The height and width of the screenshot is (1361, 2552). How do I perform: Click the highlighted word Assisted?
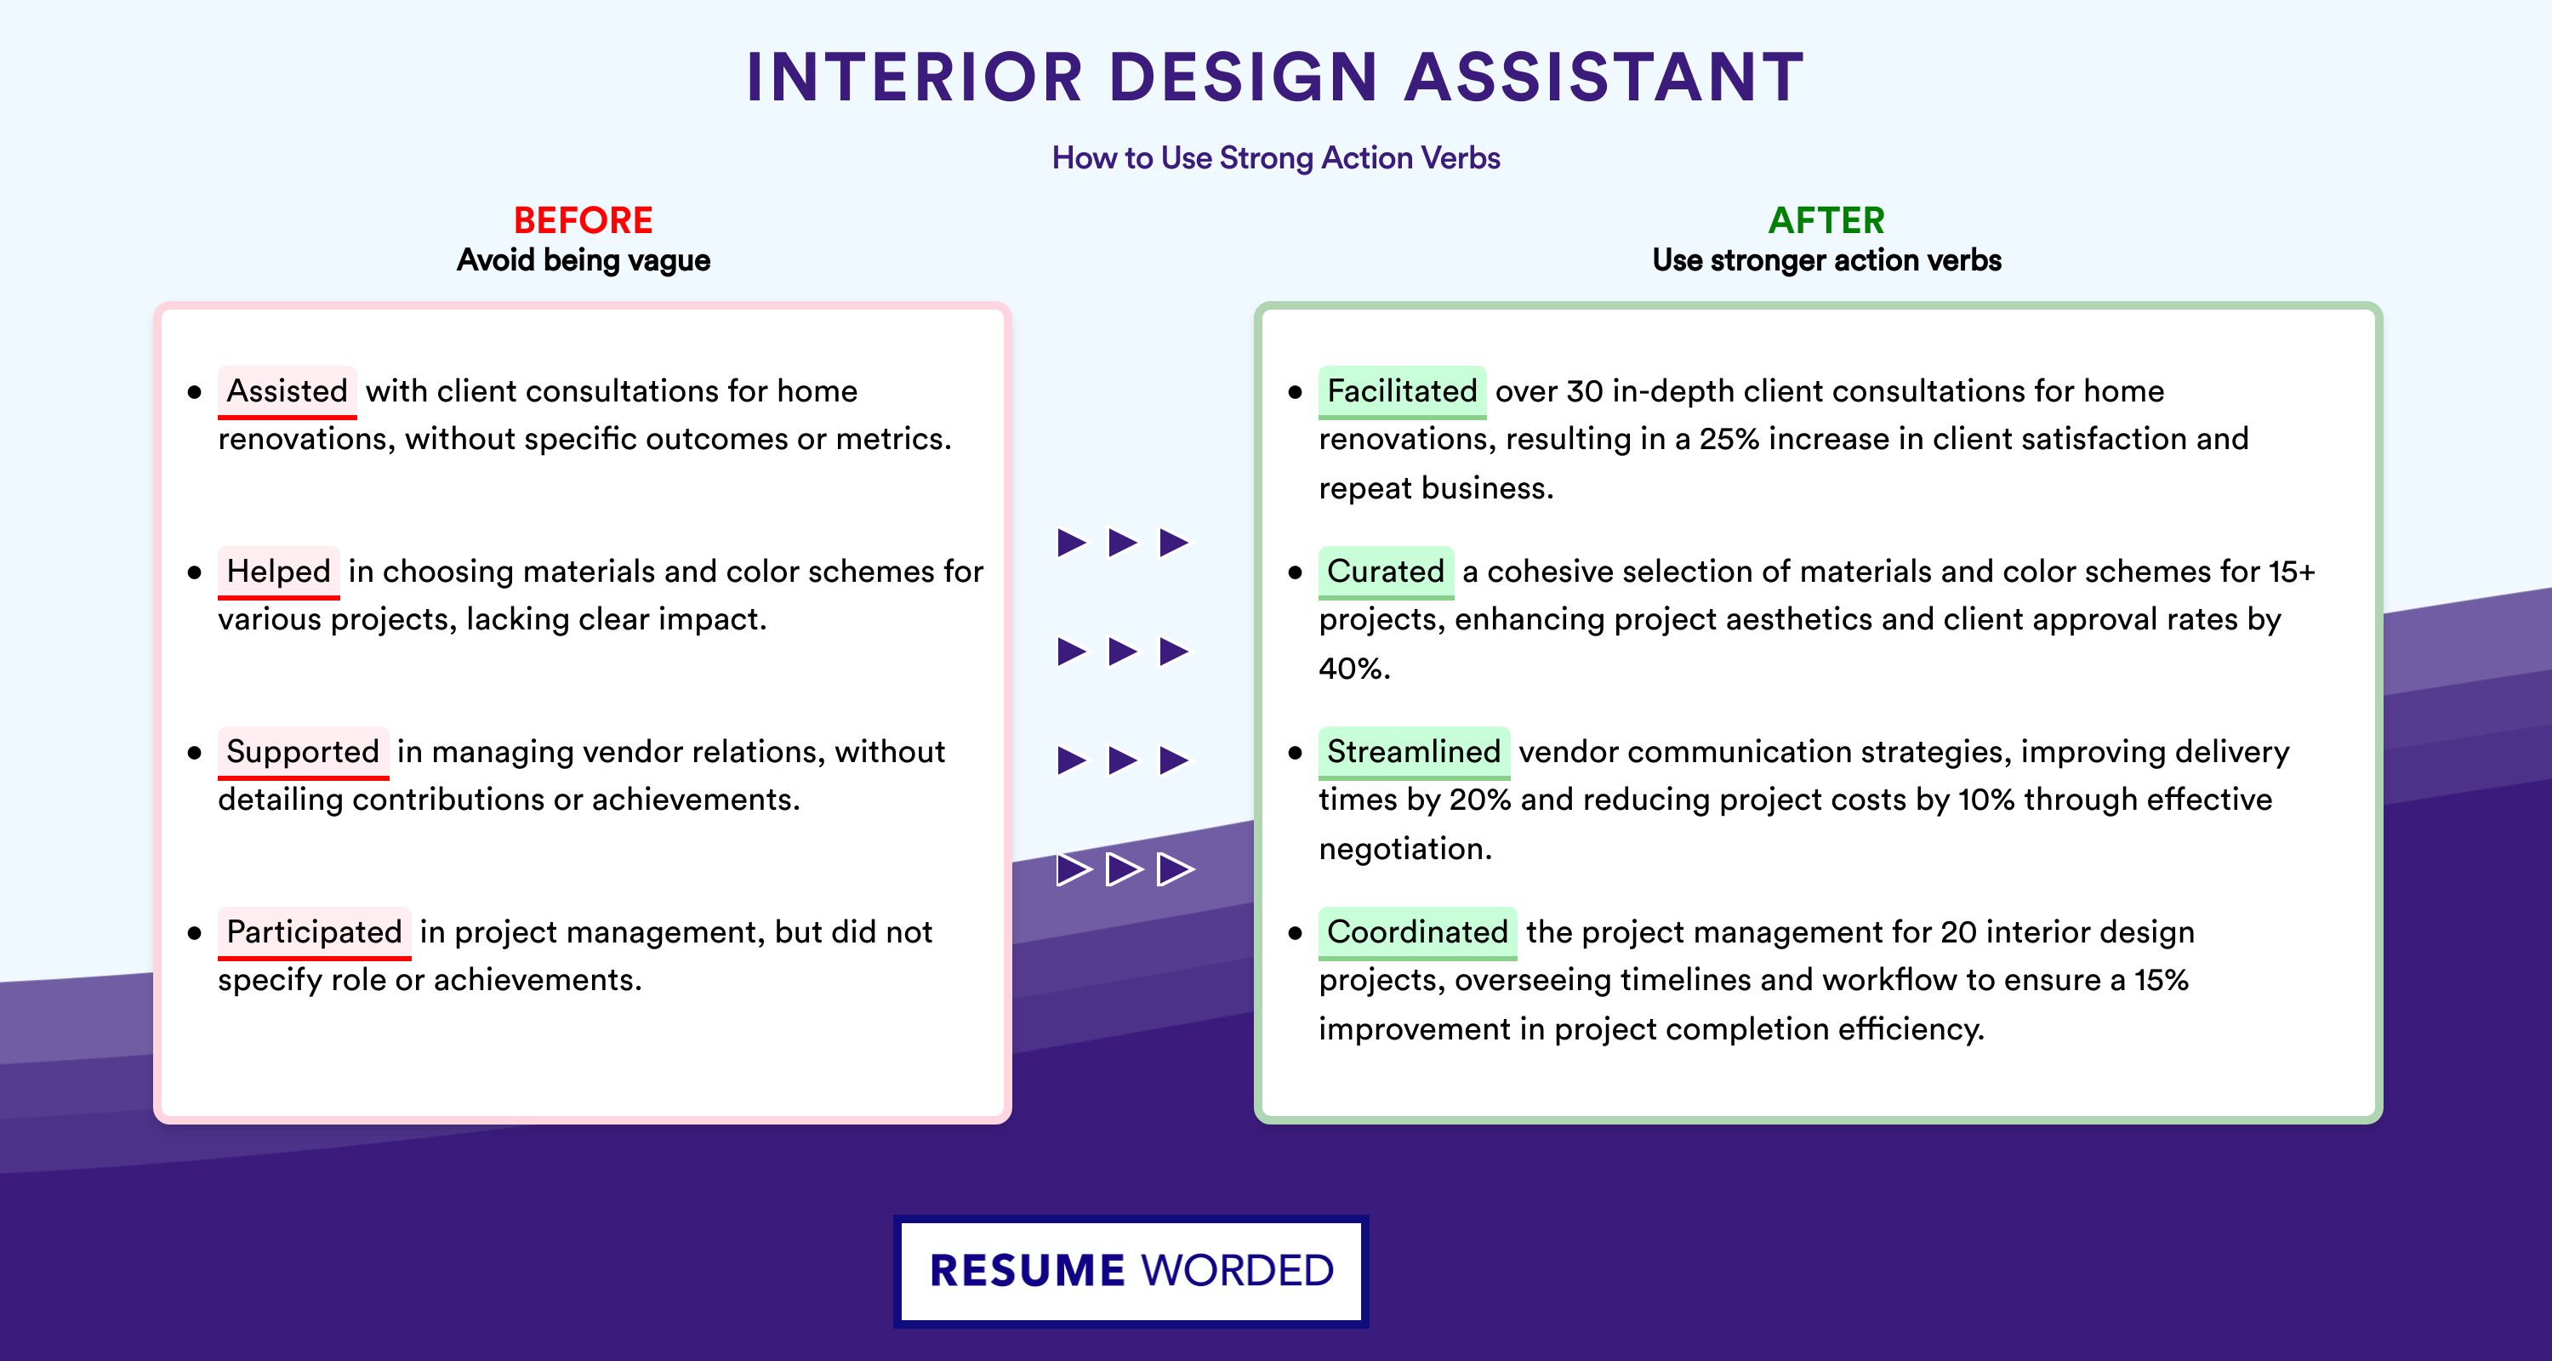pyautogui.click(x=288, y=391)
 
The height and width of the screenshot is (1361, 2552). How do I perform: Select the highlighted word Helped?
pyautogui.click(x=278, y=572)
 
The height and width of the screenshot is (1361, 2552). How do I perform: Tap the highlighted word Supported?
pyautogui.click(x=303, y=752)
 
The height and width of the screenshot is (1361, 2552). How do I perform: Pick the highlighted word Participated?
pyautogui.click(x=314, y=932)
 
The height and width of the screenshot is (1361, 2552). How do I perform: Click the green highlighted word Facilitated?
pyautogui.click(x=1402, y=391)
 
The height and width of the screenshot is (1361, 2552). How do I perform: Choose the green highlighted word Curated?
pyautogui.click(x=1386, y=572)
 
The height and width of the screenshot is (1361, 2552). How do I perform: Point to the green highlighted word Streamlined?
pyautogui.click(x=1414, y=752)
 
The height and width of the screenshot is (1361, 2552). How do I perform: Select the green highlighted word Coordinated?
pyautogui.click(x=1418, y=932)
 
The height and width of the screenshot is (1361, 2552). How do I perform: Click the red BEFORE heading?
pyautogui.click(x=584, y=220)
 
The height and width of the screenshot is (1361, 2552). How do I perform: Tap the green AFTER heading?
pyautogui.click(x=1827, y=220)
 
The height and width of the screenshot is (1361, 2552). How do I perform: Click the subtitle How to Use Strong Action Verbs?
pyautogui.click(x=1276, y=157)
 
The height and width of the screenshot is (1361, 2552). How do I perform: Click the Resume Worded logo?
pyautogui.click(x=1131, y=1271)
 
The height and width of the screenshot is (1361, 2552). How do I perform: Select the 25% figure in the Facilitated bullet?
pyautogui.click(x=1729, y=439)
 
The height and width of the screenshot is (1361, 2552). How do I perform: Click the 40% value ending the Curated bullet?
pyautogui.click(x=1354, y=669)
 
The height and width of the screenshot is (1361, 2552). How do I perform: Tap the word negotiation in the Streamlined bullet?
pyautogui.click(x=1404, y=849)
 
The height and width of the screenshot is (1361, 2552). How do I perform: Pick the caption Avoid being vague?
pyautogui.click(x=584, y=260)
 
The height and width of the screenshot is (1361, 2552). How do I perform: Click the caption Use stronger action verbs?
pyautogui.click(x=1827, y=260)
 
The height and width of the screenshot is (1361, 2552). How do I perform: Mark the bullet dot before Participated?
pyautogui.click(x=194, y=933)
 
